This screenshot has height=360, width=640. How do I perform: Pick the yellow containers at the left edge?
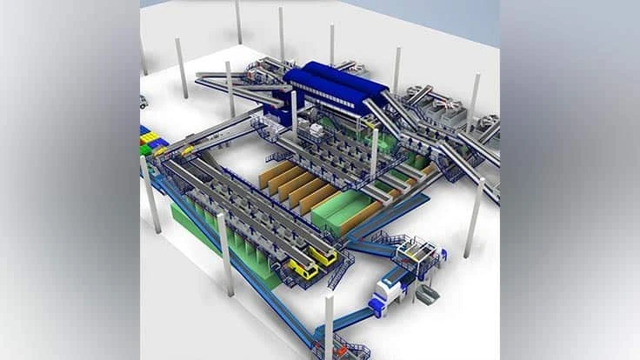(x=153, y=137)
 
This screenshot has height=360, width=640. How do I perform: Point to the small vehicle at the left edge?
(x=143, y=102)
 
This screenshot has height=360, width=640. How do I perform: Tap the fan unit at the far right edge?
(x=491, y=121)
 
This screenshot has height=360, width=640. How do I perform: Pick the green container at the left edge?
(x=145, y=150)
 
